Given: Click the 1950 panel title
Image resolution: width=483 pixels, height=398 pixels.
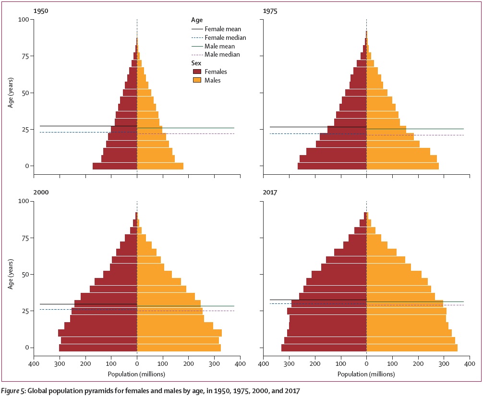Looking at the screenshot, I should (41, 10).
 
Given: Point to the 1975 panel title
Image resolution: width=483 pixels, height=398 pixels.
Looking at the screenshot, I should (270, 10).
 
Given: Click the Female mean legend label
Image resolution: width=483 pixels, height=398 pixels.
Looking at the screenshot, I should (223, 29).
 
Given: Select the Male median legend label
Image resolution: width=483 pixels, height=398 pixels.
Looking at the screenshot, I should (222, 55).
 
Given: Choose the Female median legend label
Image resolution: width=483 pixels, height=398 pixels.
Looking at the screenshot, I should (225, 37).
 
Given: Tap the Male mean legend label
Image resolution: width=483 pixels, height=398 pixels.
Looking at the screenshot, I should (220, 46).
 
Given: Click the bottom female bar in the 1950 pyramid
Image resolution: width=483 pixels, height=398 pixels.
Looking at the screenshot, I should (115, 166).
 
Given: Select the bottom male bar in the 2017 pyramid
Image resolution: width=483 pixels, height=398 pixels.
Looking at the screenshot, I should (412, 348).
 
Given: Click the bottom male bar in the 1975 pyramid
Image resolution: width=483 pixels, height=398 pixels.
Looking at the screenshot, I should (402, 166).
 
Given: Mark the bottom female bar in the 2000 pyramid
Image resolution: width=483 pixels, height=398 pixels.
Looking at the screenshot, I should (98, 348).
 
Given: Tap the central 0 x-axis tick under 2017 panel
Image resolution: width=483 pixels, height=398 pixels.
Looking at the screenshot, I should (367, 364).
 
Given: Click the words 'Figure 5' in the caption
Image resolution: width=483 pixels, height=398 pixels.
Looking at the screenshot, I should (14, 391).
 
